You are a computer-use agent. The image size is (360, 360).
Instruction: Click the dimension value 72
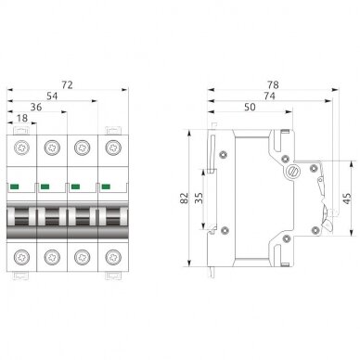click(67, 84)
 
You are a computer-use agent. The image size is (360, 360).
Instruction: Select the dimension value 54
click(52, 96)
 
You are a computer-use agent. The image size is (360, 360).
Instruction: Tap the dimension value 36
click(36, 108)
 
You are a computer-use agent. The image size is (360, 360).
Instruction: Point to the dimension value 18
click(22, 118)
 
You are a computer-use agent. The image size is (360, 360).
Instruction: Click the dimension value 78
click(273, 84)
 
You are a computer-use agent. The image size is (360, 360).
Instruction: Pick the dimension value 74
click(269, 96)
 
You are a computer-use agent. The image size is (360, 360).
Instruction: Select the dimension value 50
click(250, 108)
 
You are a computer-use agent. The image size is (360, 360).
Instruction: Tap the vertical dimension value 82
click(185, 198)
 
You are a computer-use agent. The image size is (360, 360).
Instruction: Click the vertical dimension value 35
click(199, 198)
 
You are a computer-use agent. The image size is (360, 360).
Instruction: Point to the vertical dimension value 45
click(347, 199)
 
